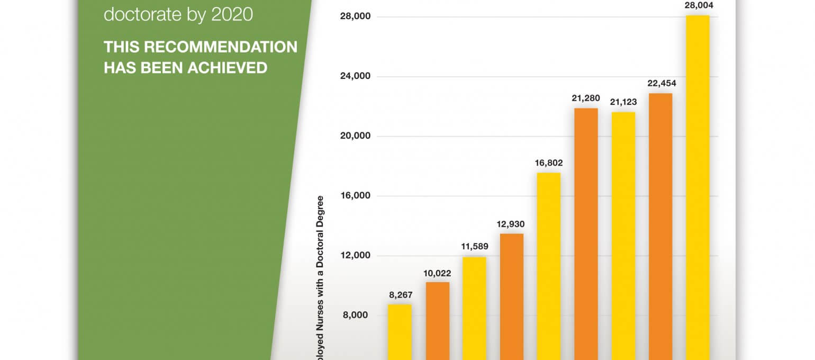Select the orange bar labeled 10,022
click(x=438, y=320)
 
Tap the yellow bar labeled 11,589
click(x=474, y=308)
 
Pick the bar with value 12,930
click(x=512, y=296)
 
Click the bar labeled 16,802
click(x=549, y=266)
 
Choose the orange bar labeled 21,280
click(x=586, y=233)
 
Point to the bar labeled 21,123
click(x=623, y=236)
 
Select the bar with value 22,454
click(x=660, y=226)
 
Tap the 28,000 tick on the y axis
click(x=356, y=17)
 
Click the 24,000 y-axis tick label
click(x=356, y=76)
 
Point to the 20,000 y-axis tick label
click(x=356, y=136)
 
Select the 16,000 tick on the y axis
click(x=356, y=196)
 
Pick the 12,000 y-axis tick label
click(x=356, y=256)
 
